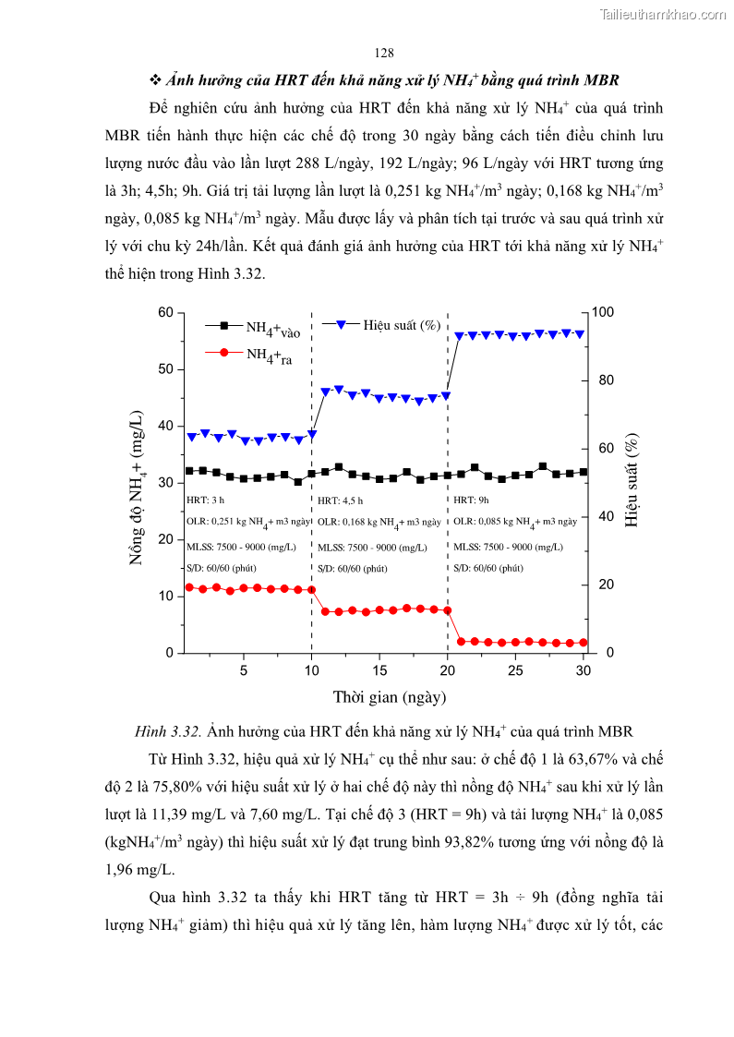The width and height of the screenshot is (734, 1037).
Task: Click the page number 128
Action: pos(385,52)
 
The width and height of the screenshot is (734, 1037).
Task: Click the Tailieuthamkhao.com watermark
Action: pos(662,14)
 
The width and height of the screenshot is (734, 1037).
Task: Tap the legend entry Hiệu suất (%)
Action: pos(400,325)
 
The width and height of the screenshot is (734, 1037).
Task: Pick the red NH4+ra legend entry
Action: pos(269,355)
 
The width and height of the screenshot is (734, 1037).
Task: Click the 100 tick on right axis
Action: pos(602,313)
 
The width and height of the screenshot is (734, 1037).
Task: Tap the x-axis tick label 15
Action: pos(379,669)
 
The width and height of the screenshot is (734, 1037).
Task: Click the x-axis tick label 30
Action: pos(583,669)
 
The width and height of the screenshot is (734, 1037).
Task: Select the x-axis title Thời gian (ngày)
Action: pos(390,696)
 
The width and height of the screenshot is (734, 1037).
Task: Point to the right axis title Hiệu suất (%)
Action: pos(632,480)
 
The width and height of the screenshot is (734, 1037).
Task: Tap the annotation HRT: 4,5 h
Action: pos(342,500)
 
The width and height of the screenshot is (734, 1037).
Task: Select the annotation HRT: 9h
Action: pos(472,500)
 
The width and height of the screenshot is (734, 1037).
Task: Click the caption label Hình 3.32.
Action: pos(168,732)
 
